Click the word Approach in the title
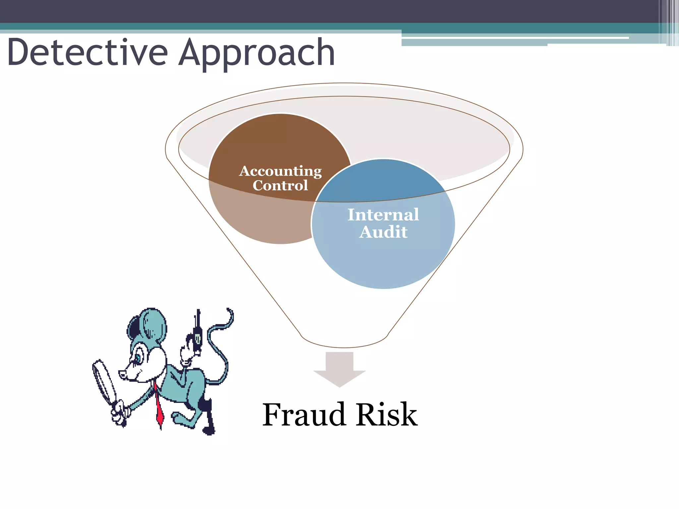point(257,53)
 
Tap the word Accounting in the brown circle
point(280,171)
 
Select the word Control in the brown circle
point(280,185)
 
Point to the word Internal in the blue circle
point(383,215)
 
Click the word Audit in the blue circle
point(383,232)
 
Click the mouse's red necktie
point(159,406)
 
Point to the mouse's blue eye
point(137,358)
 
